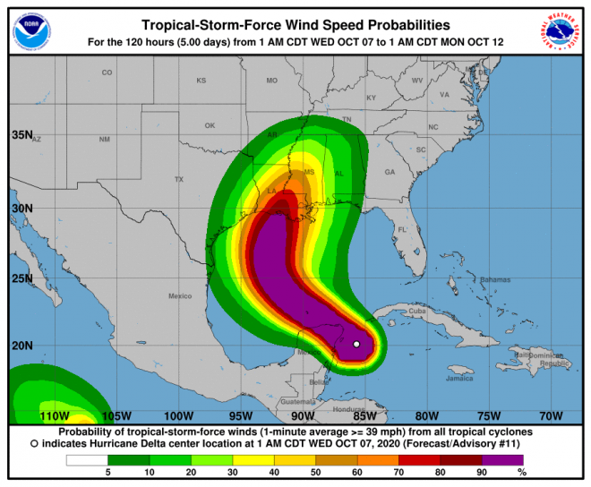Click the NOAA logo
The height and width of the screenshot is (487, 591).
pos(30,31)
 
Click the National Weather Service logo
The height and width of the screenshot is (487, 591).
pos(559,31)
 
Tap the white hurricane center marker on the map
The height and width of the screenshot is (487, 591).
pos(356,344)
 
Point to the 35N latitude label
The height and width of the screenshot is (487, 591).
pos(21,135)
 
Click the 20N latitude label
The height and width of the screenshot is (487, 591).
pos(21,346)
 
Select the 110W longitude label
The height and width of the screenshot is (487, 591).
pos(55,416)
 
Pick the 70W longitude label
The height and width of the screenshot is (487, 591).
pos(551,416)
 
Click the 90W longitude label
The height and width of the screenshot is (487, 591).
pos(303,416)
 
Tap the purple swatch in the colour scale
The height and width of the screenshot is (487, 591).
pos(506,461)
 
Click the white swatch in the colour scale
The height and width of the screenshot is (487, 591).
pos(87,461)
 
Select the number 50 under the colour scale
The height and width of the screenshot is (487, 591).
pos(316,473)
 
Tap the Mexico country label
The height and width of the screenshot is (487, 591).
pos(180,295)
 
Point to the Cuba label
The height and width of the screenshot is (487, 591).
pos(417,311)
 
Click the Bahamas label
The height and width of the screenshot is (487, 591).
pos(493,280)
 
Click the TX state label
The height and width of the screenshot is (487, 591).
pos(178,180)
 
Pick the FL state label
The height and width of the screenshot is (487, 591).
pos(402,230)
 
